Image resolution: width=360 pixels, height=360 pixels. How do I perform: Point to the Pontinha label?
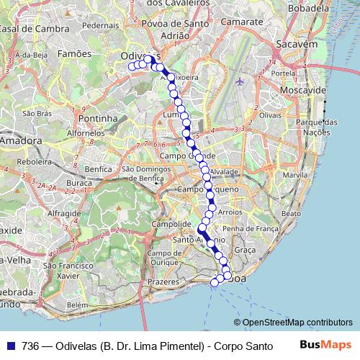(x=97, y=117)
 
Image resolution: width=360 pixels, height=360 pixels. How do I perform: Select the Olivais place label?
(x=270, y=114)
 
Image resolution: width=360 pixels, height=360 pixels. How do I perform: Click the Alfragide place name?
(x=63, y=214)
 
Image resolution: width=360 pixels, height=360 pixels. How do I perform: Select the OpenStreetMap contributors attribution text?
(x=297, y=323)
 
